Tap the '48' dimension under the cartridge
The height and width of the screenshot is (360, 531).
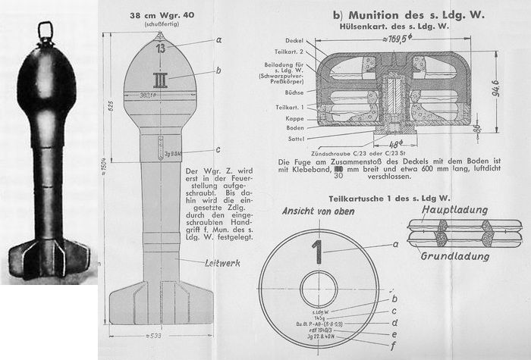396,144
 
